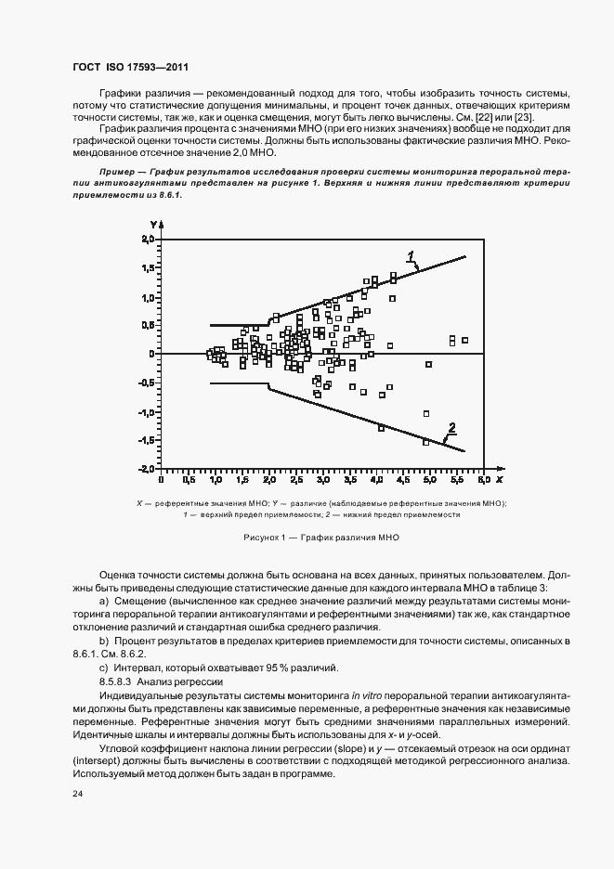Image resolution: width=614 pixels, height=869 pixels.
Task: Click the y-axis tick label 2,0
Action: pos(145,240)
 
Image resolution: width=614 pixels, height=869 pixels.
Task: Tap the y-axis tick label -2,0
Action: pos(143,469)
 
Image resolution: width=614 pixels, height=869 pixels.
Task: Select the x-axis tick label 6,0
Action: pos(483,482)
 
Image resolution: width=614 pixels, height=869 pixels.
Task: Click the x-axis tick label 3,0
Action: pos(322,482)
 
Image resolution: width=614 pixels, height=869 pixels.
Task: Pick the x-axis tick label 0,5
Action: pos(189,482)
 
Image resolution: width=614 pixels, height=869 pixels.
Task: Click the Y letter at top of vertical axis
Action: pos(152,225)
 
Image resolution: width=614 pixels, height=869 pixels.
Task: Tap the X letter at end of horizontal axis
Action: pos(499,481)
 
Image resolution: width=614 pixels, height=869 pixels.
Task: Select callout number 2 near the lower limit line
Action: pos(452,427)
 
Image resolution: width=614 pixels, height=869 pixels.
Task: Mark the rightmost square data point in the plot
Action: pos(464,341)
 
